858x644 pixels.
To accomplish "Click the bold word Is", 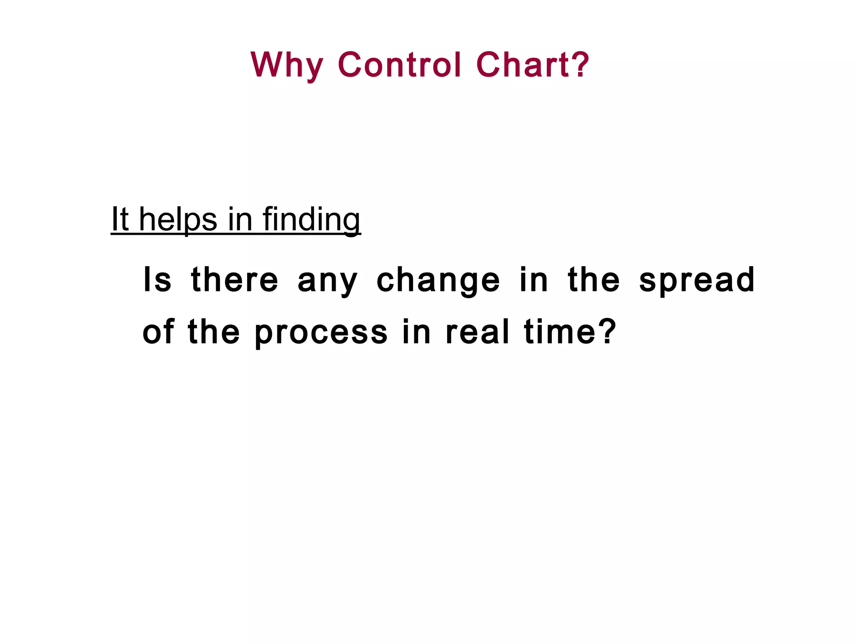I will [157, 280].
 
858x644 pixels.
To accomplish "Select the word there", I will [234, 280].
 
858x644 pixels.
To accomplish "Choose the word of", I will [158, 332].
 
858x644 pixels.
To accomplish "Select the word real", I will [477, 332].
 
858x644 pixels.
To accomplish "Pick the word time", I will [560, 332].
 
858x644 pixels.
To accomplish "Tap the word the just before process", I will [214, 332].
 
